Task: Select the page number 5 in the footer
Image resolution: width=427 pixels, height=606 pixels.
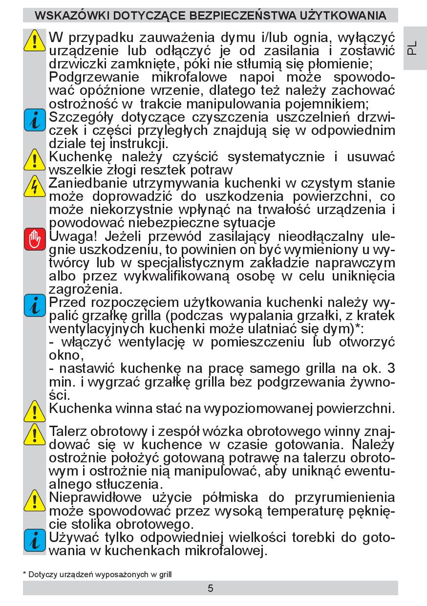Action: tap(211, 588)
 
